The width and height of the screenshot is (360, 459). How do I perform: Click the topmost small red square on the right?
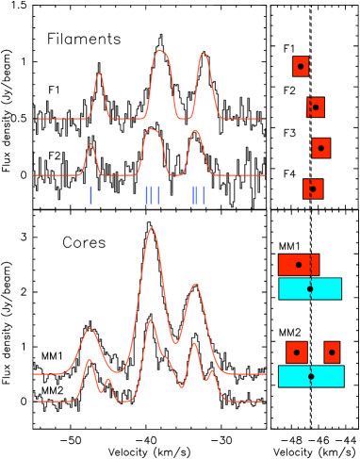301,66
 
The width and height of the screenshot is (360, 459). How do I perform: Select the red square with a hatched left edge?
315,107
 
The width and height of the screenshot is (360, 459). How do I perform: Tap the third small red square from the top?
321,148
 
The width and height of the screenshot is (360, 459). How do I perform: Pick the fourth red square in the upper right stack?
313,189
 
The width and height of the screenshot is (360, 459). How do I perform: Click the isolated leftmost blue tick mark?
90,195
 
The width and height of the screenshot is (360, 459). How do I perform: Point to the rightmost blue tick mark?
204,195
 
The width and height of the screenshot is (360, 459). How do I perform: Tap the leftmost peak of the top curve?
99,74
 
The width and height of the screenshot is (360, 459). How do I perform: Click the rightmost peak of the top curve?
203,54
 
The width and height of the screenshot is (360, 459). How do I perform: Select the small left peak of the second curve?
91,145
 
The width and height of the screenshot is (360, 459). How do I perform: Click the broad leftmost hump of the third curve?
90,329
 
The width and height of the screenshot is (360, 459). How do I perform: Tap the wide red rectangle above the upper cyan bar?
299,265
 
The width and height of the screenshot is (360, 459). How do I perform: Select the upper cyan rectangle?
310,288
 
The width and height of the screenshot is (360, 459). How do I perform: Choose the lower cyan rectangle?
311,376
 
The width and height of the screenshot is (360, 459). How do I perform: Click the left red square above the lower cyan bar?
297,352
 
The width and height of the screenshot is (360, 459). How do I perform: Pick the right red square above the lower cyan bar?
332,352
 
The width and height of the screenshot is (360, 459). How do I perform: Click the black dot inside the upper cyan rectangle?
310,288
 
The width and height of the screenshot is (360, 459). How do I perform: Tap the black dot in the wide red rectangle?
299,265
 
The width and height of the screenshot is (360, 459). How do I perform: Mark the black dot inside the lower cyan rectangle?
311,376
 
